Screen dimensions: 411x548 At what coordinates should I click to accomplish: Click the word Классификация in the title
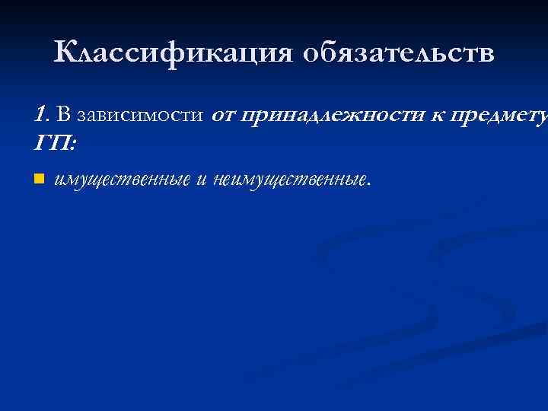[x=174, y=53]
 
